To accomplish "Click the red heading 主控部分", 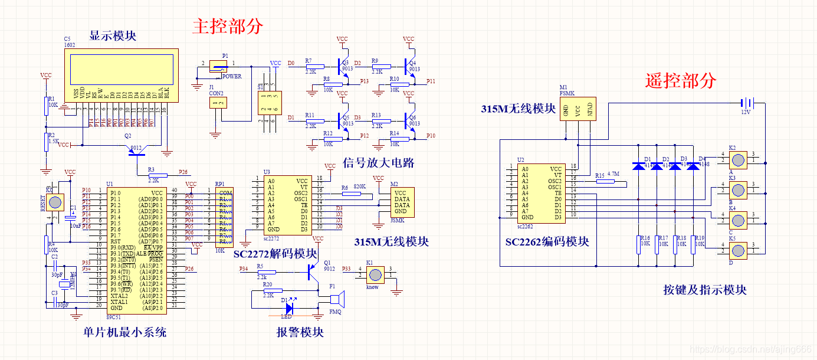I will (x=228, y=26).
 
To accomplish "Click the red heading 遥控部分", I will (x=681, y=80).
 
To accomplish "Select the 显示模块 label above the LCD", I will (x=113, y=36).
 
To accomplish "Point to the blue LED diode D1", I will (x=289, y=307).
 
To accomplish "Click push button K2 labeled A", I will (x=737, y=159).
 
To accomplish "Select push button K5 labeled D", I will (x=737, y=250).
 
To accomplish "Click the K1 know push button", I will (x=374, y=275).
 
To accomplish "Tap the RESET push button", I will (x=55, y=202).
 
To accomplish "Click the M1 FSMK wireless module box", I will (x=578, y=109).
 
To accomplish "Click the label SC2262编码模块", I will (x=547, y=242).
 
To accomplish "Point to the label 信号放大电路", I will (x=378, y=163).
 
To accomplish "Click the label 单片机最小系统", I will (x=124, y=332).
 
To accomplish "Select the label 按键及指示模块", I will (x=704, y=290).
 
